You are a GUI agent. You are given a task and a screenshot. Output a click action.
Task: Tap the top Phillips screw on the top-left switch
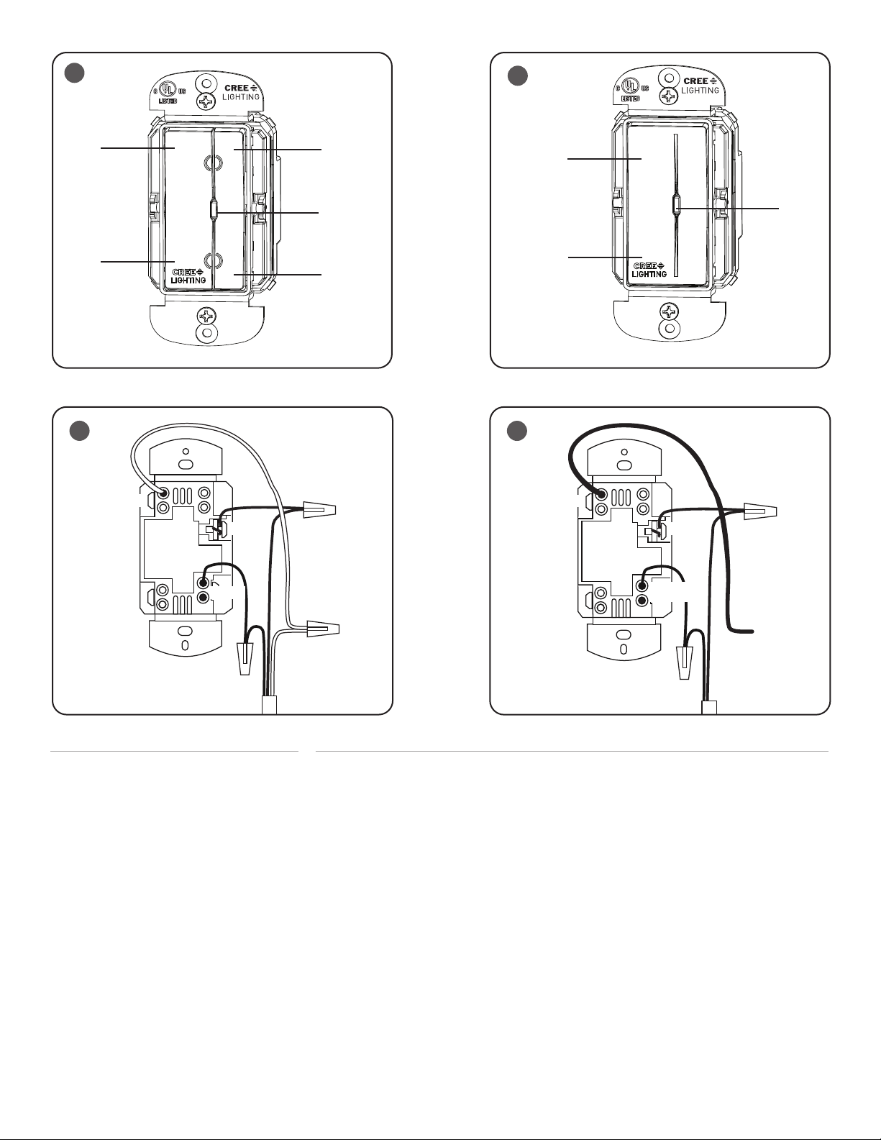(x=206, y=101)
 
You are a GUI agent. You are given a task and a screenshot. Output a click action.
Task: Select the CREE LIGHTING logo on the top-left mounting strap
(x=241, y=92)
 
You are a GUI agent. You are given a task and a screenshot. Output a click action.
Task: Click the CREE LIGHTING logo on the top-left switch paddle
(x=188, y=276)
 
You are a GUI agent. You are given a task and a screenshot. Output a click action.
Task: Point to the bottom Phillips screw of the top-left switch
(x=206, y=316)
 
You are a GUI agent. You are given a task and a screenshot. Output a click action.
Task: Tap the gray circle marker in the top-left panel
(x=75, y=73)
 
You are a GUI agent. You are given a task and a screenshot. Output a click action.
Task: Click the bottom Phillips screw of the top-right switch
(x=669, y=311)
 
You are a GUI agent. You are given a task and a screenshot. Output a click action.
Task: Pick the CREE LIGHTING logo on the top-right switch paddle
(x=649, y=270)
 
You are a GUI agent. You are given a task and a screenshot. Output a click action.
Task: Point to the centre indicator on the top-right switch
(x=676, y=206)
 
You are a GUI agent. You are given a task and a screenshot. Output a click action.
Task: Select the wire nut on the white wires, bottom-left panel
(x=323, y=627)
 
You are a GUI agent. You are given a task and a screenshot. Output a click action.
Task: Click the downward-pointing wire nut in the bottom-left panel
(x=245, y=658)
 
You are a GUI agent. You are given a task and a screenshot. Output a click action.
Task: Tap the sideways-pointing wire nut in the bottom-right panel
(x=761, y=510)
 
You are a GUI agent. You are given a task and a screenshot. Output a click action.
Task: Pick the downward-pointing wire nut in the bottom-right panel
(x=685, y=663)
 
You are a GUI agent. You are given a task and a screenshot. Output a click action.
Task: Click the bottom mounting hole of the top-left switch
(x=206, y=332)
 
